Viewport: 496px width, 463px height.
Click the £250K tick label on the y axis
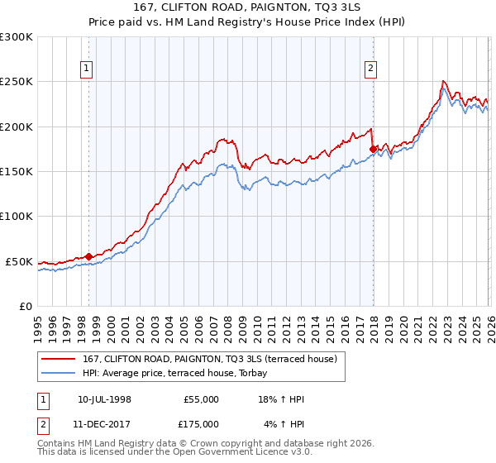[17, 82]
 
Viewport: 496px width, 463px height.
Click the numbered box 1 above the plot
[88, 69]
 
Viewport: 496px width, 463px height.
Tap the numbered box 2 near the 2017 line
[370, 69]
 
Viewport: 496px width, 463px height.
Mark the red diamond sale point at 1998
[88, 257]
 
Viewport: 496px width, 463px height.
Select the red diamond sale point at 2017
[373, 149]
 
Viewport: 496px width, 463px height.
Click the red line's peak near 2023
[444, 81]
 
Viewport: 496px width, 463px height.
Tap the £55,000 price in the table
[202, 399]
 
